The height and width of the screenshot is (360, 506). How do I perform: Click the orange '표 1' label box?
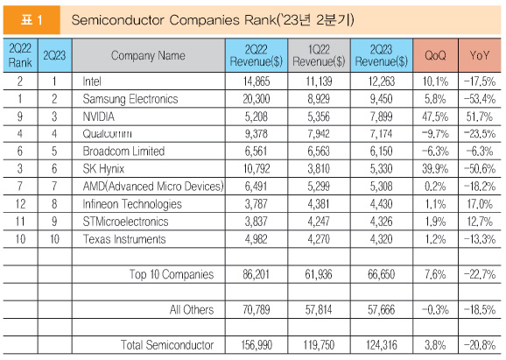[32, 20]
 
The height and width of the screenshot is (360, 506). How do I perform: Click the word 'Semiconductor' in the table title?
[118, 20]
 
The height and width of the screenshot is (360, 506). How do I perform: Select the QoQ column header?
[435, 55]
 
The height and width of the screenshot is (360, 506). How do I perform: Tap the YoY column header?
[480, 55]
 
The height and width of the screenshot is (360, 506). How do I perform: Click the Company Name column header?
[149, 55]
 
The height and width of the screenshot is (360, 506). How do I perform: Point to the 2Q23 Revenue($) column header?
[382, 55]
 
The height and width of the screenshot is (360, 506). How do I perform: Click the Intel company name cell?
[92, 81]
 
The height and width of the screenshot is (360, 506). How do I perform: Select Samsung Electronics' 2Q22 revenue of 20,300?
[257, 99]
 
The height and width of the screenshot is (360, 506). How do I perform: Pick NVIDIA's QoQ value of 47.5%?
[435, 116]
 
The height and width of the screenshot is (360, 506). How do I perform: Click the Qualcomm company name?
[107, 134]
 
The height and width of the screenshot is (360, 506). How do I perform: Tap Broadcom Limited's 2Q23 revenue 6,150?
[381, 152]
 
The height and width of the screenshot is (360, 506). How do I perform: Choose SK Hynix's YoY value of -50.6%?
[480, 169]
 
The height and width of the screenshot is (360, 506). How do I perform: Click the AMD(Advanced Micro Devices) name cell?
[153, 187]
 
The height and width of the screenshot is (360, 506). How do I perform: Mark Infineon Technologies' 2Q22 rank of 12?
[20, 204]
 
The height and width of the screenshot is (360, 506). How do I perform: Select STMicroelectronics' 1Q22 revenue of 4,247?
[319, 222]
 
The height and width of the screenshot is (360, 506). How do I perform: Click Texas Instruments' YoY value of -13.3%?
[480, 239]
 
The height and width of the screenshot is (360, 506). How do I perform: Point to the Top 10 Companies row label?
[172, 274]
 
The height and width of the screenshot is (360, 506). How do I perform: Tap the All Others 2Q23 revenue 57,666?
[381, 310]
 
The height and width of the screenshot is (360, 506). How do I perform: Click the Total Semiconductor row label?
[167, 345]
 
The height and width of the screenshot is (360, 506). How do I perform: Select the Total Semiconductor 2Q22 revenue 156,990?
[257, 345]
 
